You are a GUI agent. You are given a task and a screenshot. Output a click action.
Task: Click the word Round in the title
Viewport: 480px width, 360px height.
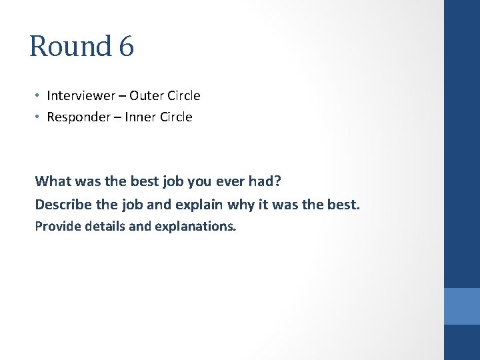click(x=71, y=46)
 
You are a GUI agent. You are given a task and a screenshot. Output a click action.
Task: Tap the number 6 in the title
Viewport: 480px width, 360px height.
click(x=127, y=46)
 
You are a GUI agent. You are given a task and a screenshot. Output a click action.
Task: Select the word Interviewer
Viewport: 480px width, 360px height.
click(x=79, y=95)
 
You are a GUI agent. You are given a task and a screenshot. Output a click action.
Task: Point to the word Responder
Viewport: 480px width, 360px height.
click(x=75, y=117)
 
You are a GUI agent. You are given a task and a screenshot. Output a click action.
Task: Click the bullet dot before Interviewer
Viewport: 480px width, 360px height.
click(x=39, y=95)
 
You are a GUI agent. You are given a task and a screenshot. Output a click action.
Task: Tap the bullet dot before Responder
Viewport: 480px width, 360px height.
click(x=39, y=117)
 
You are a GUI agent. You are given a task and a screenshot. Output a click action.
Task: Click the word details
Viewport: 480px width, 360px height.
click(x=103, y=226)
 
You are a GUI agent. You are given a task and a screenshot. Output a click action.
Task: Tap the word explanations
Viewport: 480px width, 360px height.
click(x=195, y=227)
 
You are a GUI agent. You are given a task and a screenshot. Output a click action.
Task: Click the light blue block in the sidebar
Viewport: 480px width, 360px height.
click(x=461, y=306)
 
